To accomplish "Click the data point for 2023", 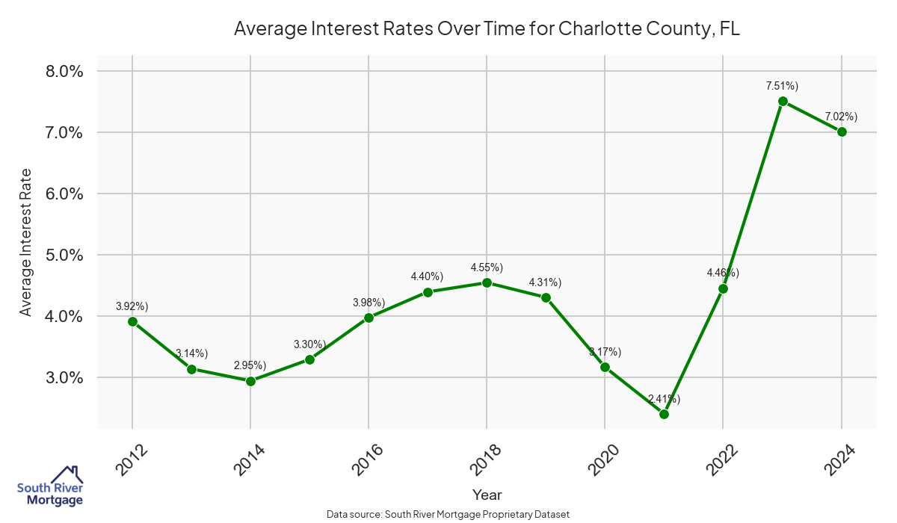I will click(x=783, y=102).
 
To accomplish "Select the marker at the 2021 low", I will click(x=664, y=414).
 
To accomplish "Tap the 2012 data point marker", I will click(x=132, y=321).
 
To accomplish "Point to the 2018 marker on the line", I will click(x=487, y=282).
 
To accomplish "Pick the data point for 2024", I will click(x=842, y=131).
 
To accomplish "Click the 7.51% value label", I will click(x=782, y=86).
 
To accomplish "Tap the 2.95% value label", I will click(x=250, y=365).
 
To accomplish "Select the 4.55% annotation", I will click(x=487, y=267).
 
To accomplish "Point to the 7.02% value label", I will click(x=841, y=117).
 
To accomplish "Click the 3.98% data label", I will click(x=369, y=303).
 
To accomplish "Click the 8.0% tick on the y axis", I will click(x=64, y=72).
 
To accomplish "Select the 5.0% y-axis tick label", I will click(x=64, y=255).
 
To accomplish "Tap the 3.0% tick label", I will click(x=64, y=377).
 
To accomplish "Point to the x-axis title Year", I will click(x=487, y=495).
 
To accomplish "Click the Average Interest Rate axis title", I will click(x=26, y=241).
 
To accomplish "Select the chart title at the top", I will click(x=487, y=28).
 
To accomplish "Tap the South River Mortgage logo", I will click(x=50, y=486).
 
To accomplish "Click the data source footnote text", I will click(x=449, y=515).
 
